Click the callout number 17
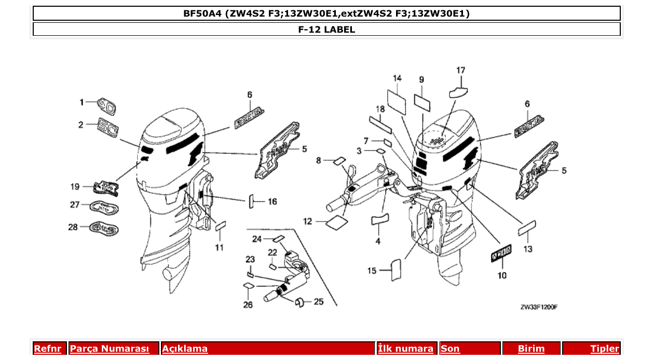460,70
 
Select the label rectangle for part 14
397,100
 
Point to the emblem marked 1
107,106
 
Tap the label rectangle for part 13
527,228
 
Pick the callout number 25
319,301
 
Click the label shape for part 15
396,269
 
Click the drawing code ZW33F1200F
539,307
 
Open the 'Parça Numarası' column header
114,349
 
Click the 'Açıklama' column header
268,349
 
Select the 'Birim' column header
531,349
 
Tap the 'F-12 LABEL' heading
326,30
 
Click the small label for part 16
251,201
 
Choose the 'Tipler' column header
591,349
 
